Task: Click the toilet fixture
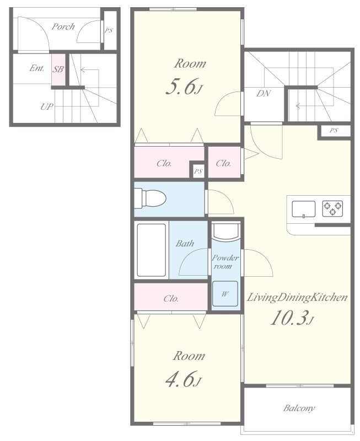pyautogui.click(x=150, y=198)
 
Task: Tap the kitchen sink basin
pyautogui.click(x=303, y=209)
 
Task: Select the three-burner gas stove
pyautogui.click(x=332, y=208)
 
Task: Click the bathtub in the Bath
pyautogui.click(x=151, y=250)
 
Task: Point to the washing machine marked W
pyautogui.click(x=225, y=294)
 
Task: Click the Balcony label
pyautogui.click(x=299, y=408)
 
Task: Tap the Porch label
pyautogui.click(x=63, y=26)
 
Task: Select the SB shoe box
pyautogui.click(x=58, y=69)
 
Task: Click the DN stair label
pyautogui.click(x=264, y=93)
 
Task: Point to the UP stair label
pyautogui.click(x=47, y=107)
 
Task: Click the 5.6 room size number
pyautogui.click(x=181, y=87)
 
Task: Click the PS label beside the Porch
pyautogui.click(x=109, y=31)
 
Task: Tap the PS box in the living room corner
pyautogui.click(x=335, y=131)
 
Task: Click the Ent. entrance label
pyautogui.click(x=37, y=68)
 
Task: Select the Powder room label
pyautogui.click(x=225, y=262)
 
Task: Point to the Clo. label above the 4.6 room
pyautogui.click(x=171, y=298)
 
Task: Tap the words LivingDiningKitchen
pyautogui.click(x=297, y=298)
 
